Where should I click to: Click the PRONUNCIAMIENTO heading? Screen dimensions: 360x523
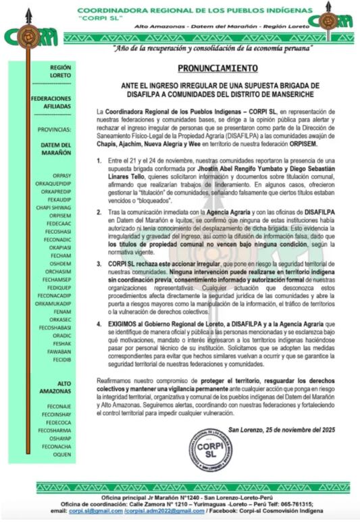click(x=217, y=69)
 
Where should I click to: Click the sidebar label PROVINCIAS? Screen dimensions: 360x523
click(x=62, y=128)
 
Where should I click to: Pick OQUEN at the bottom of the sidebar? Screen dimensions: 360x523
click(x=62, y=454)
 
